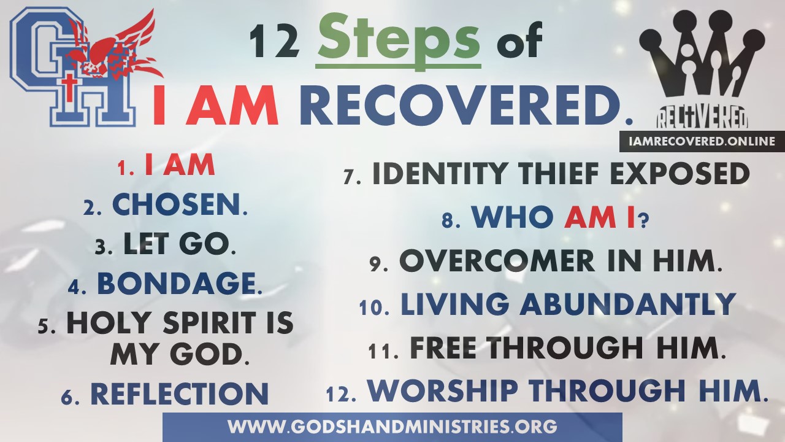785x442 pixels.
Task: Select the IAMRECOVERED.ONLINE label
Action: pyautogui.click(x=702, y=141)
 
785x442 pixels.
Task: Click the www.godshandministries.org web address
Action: pyautogui.click(x=392, y=427)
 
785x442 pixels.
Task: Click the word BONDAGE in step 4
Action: pyautogui.click(x=176, y=284)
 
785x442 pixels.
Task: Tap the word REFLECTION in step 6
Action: pyautogui.click(x=180, y=394)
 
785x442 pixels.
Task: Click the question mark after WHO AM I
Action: pyautogui.click(x=643, y=222)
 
